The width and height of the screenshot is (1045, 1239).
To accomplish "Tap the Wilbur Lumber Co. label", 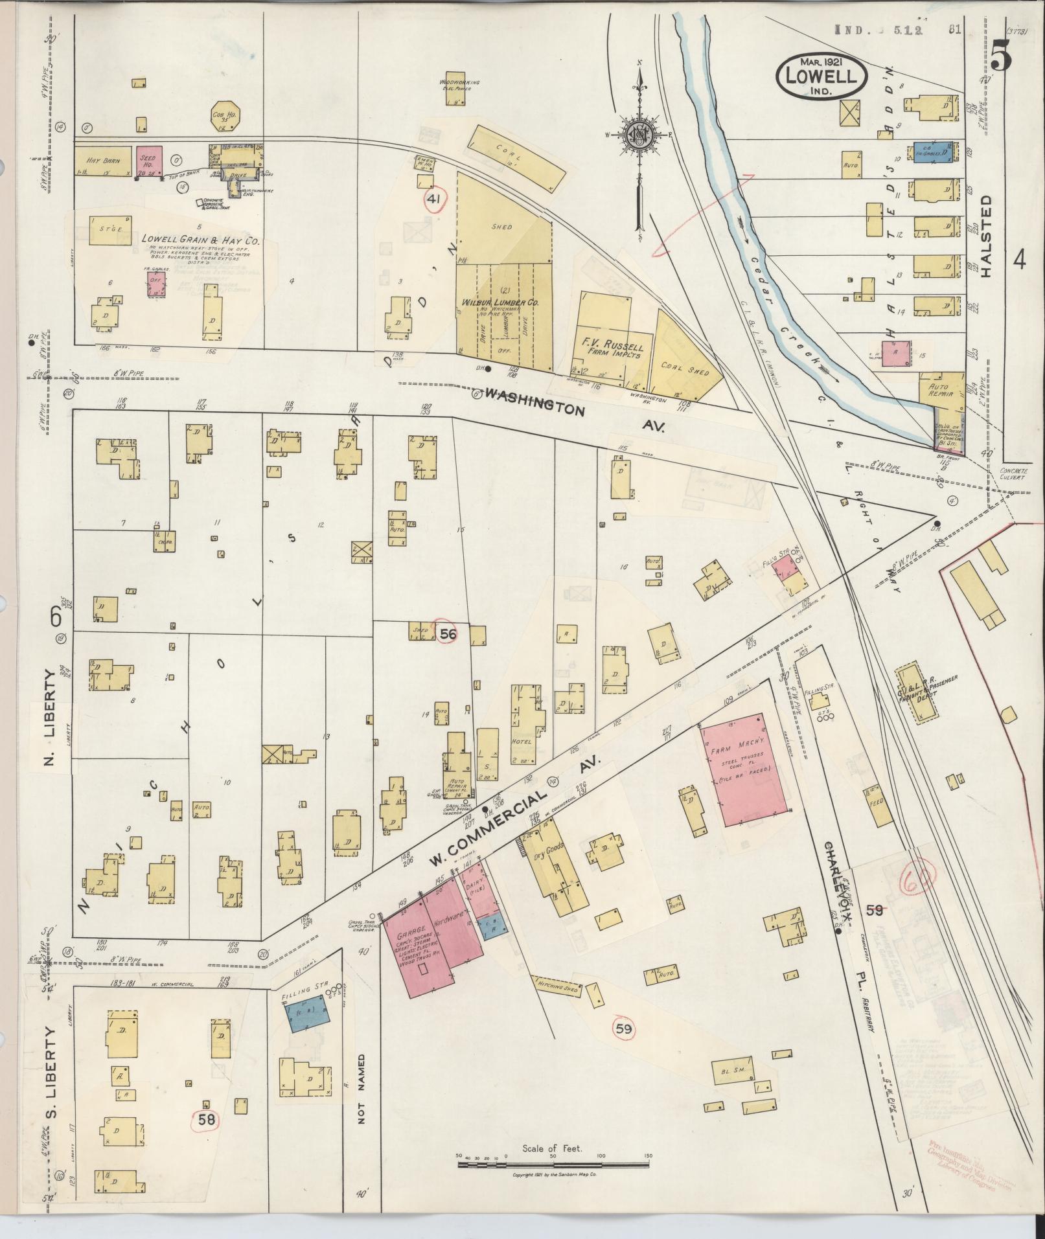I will coord(500,302).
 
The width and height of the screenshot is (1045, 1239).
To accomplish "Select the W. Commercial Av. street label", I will coord(515,821).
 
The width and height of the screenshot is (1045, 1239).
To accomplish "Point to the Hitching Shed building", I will coord(557,1005).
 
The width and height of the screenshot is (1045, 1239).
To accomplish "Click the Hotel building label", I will coord(521,741).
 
